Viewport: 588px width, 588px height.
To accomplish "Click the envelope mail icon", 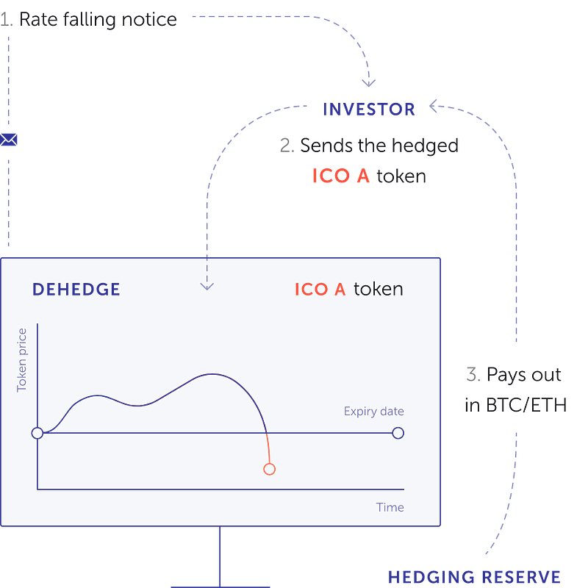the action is [x=9, y=140].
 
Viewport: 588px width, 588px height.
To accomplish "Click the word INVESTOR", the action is [x=369, y=110].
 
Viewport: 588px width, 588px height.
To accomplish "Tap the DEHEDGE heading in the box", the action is [x=76, y=290].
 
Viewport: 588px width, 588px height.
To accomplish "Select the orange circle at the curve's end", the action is [x=269, y=469].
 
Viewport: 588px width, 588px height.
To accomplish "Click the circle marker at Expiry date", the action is [x=398, y=433].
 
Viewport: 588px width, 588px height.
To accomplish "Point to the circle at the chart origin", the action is [x=37, y=433].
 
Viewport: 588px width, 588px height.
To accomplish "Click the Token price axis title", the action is [x=22, y=360].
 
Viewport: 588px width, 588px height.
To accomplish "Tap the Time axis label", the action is [x=390, y=507].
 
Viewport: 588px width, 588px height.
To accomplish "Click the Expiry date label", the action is [x=374, y=412].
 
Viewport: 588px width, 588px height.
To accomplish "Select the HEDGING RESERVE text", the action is [x=474, y=577].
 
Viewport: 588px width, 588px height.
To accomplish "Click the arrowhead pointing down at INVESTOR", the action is [x=369, y=83].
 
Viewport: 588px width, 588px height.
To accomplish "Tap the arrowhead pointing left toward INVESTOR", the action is [x=433, y=106].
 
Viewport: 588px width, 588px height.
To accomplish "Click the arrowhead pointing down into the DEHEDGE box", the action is [x=207, y=287].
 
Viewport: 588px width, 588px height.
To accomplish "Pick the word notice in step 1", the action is [x=149, y=20].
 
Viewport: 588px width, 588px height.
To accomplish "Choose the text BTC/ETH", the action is [x=526, y=406].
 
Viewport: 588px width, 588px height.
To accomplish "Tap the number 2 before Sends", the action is [x=287, y=146].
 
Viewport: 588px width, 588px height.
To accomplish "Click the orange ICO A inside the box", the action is [x=320, y=290].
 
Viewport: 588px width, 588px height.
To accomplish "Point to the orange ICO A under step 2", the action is [x=341, y=176].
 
